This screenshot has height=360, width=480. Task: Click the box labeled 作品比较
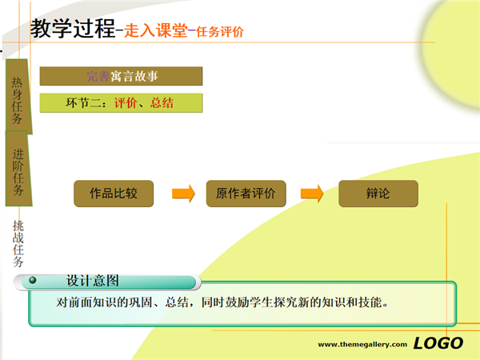point(114,194)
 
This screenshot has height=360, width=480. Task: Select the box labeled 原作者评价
point(246,194)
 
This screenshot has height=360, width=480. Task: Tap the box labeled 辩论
point(378,194)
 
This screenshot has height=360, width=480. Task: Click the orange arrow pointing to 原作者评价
point(183,194)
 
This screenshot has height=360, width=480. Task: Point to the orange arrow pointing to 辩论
point(312,194)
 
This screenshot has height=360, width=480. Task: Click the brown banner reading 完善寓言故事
point(122,76)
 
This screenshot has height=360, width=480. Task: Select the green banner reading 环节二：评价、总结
point(122,103)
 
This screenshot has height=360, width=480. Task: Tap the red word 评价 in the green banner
point(126,103)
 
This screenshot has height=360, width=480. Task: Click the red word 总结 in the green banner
point(162,103)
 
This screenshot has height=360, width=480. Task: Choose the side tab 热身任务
point(18,97)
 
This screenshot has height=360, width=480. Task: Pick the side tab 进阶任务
point(18,168)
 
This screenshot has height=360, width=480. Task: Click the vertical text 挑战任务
point(18,244)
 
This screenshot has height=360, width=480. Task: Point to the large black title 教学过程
point(73,28)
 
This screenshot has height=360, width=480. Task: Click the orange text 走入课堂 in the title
point(156,30)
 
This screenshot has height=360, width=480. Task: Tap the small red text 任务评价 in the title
point(220,31)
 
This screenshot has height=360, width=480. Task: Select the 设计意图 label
point(93,281)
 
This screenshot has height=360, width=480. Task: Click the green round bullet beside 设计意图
point(33,280)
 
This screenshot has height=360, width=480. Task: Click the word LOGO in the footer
point(438,343)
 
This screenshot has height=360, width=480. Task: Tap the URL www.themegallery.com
point(362,344)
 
